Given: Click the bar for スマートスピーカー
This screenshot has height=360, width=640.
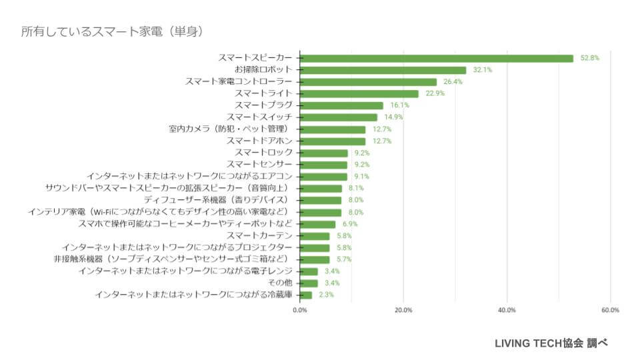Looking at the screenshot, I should tap(437, 58).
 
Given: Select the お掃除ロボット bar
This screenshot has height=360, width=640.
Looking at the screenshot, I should tap(383, 70).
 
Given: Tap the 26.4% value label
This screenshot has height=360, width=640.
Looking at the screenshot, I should tap(453, 82).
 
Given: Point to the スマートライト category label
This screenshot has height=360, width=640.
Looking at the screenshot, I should tap(263, 94).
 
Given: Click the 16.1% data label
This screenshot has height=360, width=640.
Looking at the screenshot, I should tap(399, 105).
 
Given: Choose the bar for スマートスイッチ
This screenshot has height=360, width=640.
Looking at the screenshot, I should tap(339, 117).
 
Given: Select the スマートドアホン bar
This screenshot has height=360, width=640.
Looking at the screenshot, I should tap(333, 141).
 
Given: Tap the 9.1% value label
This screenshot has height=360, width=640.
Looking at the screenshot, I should tap(362, 177).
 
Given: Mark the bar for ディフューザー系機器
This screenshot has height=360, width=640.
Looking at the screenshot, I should tap(321, 200).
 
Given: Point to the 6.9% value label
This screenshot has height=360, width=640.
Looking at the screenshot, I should tap(351, 224).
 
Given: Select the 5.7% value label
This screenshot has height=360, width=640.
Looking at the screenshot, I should tap(345, 259).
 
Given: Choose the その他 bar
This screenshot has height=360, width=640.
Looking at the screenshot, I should tap(309, 283).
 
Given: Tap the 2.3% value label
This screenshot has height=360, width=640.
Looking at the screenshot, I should tap(326, 295).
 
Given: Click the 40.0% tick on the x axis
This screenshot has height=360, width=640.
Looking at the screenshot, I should tap(507, 310).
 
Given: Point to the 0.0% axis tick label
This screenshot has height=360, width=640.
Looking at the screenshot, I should tap(300, 310).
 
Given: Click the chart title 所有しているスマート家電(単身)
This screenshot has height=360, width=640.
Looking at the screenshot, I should tap(111, 31).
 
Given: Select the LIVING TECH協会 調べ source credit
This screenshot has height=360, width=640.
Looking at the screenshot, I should tap(551, 343).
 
